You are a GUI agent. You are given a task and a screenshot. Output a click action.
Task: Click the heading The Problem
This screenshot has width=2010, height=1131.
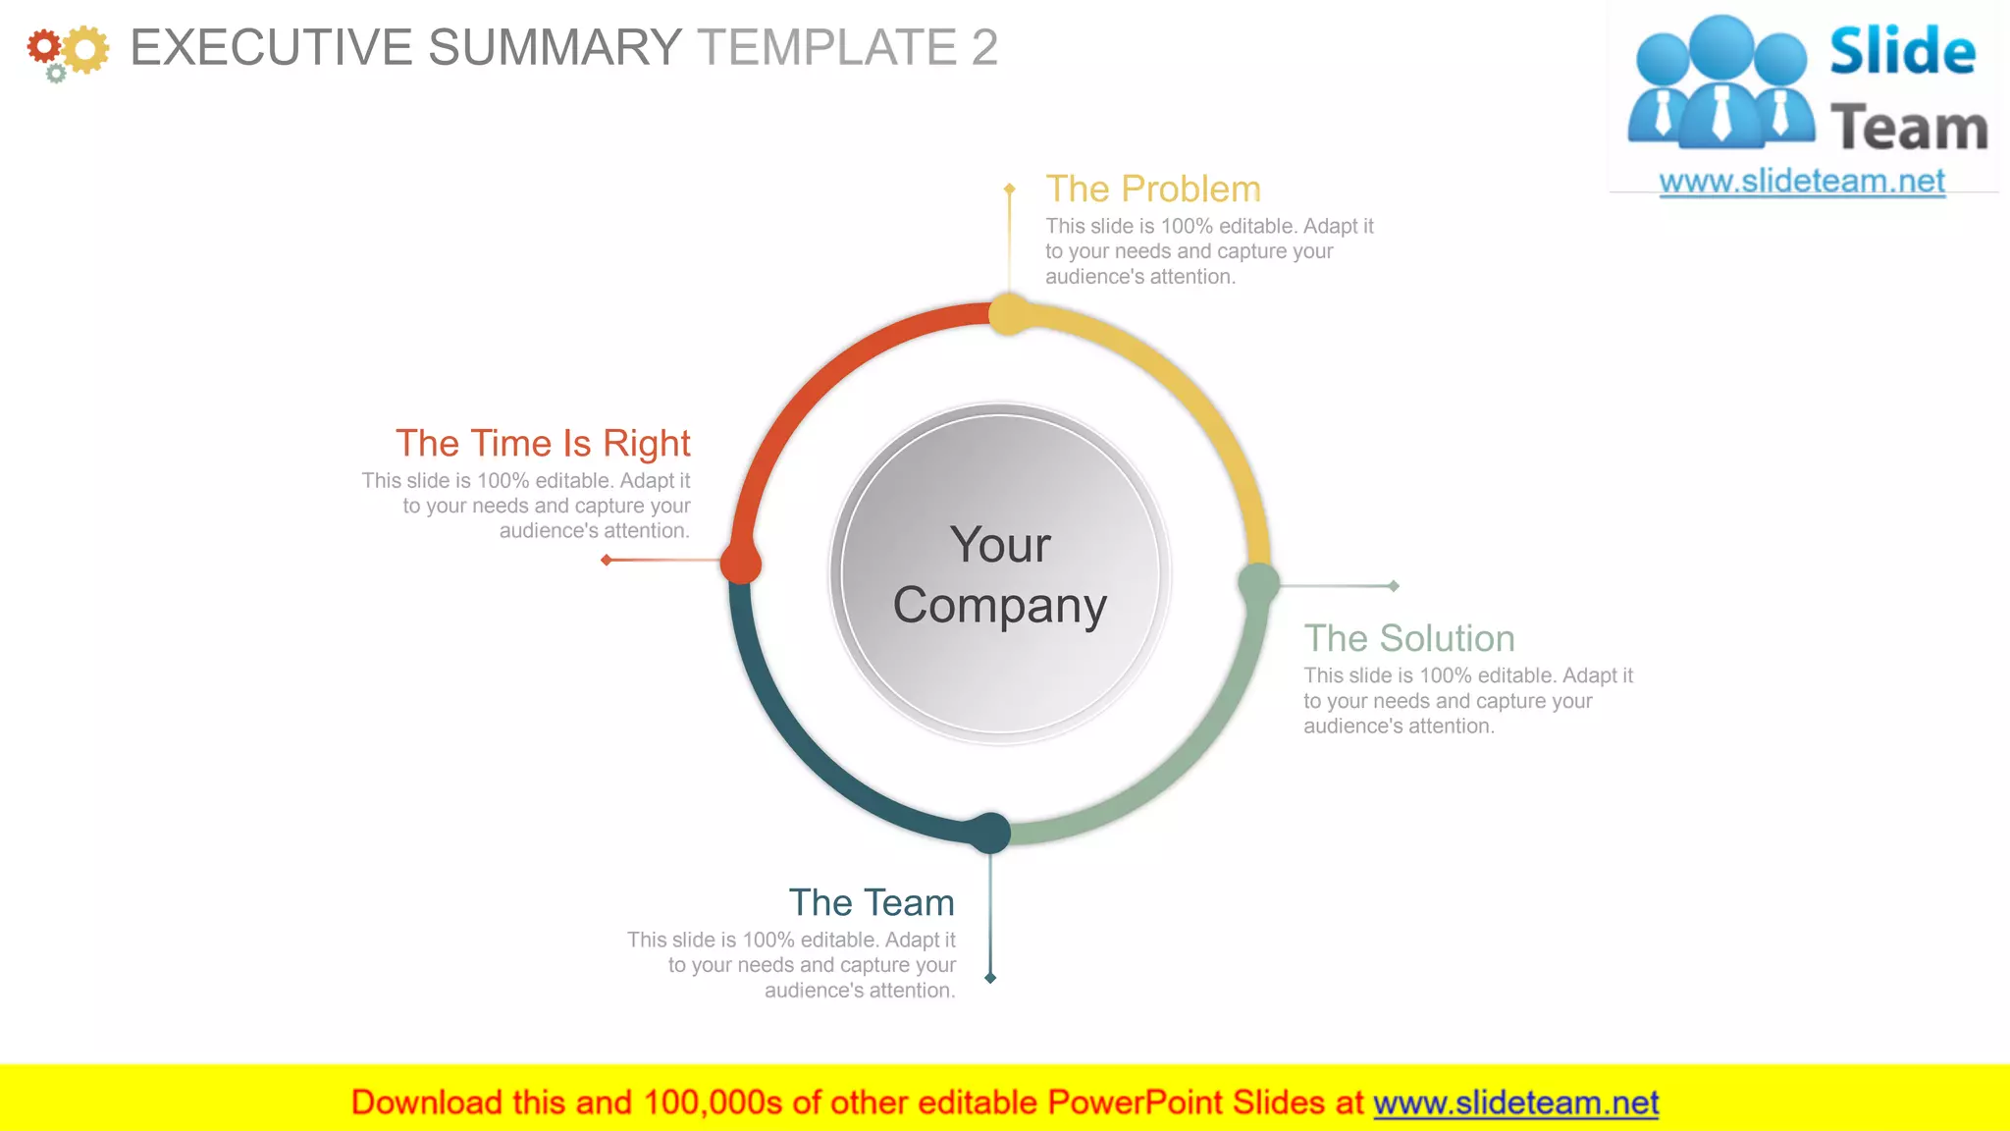(1153, 188)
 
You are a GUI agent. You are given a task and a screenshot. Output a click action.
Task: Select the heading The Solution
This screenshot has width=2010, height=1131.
(1409, 638)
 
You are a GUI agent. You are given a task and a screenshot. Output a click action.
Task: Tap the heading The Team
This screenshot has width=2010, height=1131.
(872, 902)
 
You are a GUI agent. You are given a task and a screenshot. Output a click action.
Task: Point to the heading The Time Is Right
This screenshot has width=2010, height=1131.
(543, 444)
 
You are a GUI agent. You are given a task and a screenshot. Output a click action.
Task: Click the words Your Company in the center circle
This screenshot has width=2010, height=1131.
(1000, 574)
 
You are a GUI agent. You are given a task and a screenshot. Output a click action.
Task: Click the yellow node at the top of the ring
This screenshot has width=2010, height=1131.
(1009, 314)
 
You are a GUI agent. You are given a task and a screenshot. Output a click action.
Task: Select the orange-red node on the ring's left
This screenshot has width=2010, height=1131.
(741, 564)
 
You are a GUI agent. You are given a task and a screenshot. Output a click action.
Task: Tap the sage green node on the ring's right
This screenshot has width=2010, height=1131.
(1258, 584)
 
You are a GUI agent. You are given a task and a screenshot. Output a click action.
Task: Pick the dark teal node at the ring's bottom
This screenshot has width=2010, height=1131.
(990, 833)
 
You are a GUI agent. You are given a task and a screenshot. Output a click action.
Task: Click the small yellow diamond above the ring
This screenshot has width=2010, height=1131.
(1009, 188)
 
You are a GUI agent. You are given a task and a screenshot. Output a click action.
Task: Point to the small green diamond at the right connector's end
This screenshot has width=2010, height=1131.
(1394, 586)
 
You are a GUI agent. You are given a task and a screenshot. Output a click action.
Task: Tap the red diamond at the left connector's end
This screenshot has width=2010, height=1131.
(607, 560)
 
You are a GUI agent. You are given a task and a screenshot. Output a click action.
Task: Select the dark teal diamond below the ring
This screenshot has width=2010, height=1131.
(990, 978)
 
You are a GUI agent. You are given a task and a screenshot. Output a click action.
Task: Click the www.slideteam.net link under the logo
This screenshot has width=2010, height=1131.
(1802, 182)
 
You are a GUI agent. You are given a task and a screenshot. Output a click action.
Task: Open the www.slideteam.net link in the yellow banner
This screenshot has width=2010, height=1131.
(1515, 1103)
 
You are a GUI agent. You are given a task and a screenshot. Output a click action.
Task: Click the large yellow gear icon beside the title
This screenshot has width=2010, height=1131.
(85, 49)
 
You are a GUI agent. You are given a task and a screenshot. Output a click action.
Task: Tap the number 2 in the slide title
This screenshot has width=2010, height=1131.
(984, 47)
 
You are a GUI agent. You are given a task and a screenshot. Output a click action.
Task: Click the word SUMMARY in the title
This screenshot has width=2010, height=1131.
(555, 47)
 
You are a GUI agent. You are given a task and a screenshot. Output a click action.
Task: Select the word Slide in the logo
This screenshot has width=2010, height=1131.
(1902, 51)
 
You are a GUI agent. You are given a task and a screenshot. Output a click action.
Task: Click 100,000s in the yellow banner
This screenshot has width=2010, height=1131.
(713, 1103)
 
